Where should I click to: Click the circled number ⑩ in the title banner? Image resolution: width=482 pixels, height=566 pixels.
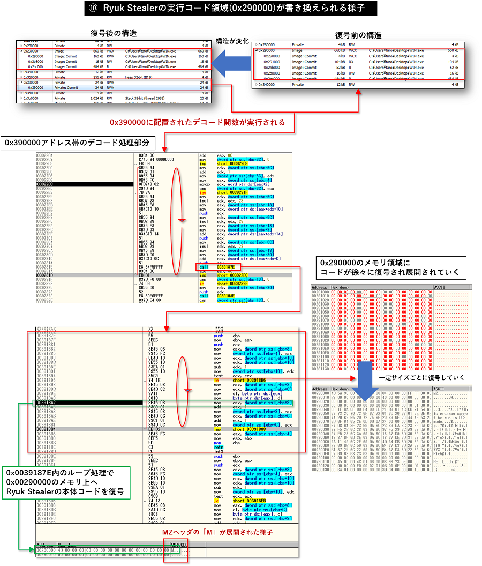pyautogui.click(x=93, y=9)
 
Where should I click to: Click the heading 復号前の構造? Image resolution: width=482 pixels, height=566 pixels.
pyautogui.click(x=358, y=35)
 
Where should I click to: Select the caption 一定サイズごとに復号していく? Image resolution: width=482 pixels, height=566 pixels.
pyautogui.click(x=415, y=378)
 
